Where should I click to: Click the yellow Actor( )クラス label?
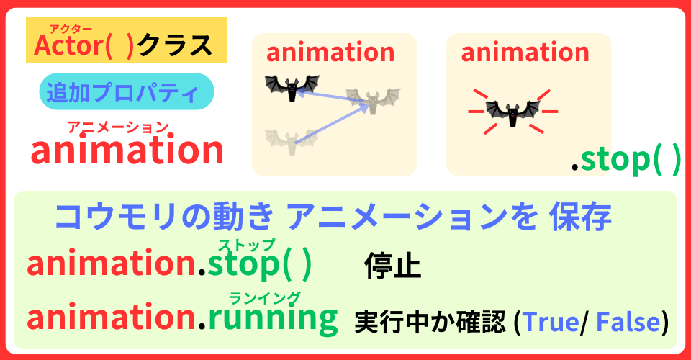tap(126, 45)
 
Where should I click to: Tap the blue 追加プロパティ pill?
tap(126, 92)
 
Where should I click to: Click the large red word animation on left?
tap(127, 151)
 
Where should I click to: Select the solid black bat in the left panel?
tap(292, 87)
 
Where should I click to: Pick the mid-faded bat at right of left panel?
tap(373, 100)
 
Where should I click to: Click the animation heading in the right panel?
tap(525, 53)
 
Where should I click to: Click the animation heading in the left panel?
tap(330, 53)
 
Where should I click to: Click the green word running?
tap(273, 319)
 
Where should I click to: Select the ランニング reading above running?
tap(264, 297)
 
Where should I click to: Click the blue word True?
tap(550, 322)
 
